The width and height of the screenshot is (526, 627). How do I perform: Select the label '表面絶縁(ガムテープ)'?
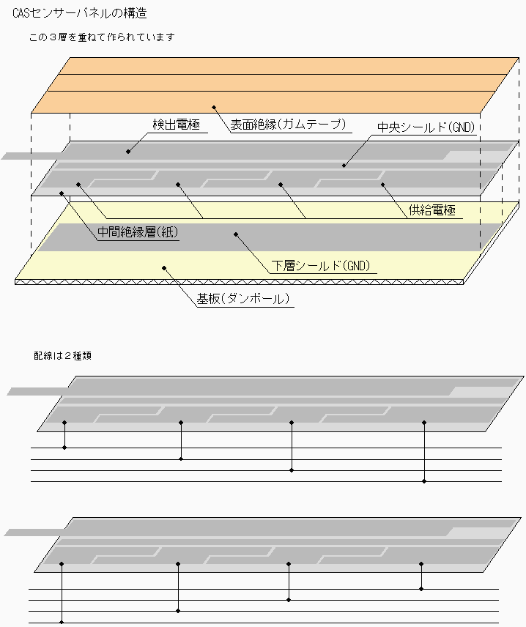tap(287, 125)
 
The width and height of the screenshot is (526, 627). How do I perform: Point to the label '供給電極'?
tap(431, 211)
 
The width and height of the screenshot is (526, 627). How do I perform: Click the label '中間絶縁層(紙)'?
tap(138, 233)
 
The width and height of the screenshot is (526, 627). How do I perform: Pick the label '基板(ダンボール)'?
tap(243, 299)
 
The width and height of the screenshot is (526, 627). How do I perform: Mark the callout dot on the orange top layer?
tap(215, 107)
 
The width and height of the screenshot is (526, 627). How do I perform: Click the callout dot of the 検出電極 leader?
tap(128, 152)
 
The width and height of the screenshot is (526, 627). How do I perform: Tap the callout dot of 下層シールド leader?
tap(235, 234)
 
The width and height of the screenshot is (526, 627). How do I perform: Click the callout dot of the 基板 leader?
tap(164, 268)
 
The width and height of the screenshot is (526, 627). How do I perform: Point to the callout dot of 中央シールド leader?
tap(344, 166)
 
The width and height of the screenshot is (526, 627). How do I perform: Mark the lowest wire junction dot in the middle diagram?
tap(425, 481)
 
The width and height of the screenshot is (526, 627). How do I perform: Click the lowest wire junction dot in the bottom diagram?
tap(62, 621)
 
